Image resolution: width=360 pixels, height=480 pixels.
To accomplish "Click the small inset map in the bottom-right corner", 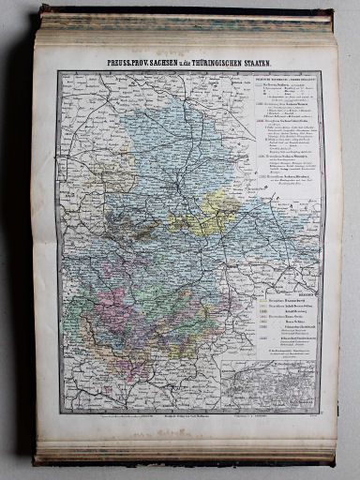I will [x=287, y=384].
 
